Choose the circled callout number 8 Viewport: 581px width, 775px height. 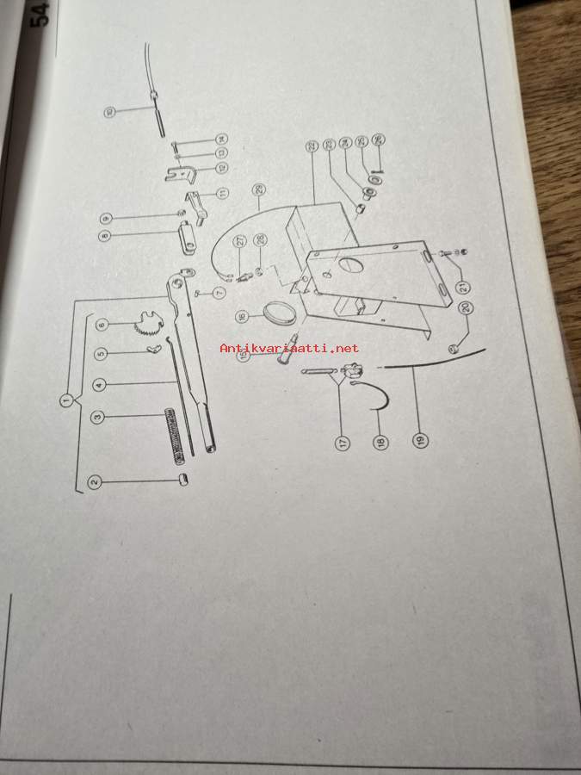tap(105, 234)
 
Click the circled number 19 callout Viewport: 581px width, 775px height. tap(420, 442)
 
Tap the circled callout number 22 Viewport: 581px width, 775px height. tap(311, 147)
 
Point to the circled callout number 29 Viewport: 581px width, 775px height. tap(258, 189)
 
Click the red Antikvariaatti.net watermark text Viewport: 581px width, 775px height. tap(289, 349)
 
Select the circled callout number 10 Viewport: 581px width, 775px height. tap(109, 111)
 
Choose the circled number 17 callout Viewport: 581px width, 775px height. tap(343, 443)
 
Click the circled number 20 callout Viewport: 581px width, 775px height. tap(467, 307)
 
